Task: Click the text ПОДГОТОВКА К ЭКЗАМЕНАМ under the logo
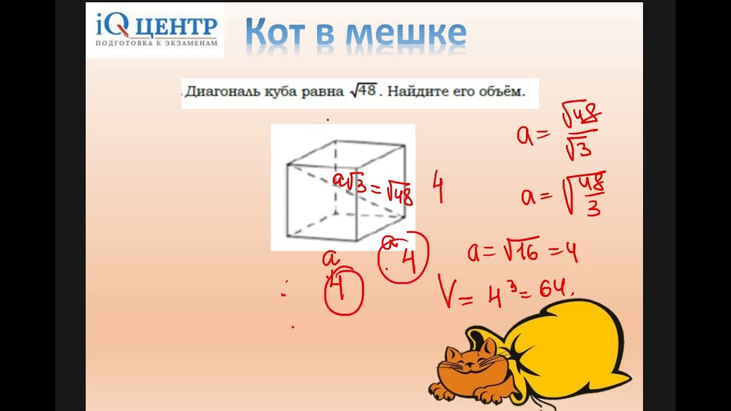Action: point(156,43)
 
